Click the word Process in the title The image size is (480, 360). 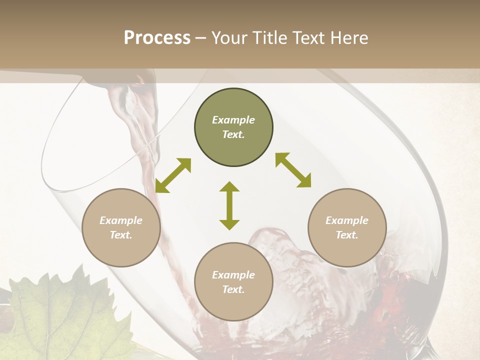(x=157, y=38)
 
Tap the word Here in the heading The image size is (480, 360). (x=347, y=38)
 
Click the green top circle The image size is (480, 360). (x=233, y=127)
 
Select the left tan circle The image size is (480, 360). (x=121, y=227)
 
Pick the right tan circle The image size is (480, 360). (x=346, y=227)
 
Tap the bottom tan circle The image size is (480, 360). (x=233, y=282)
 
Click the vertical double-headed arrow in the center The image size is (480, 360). (x=229, y=205)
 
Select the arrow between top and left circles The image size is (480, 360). (x=173, y=175)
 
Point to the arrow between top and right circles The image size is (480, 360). (x=293, y=170)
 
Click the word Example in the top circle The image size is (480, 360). (x=233, y=120)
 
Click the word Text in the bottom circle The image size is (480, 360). (x=233, y=289)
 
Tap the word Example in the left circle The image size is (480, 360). (x=121, y=220)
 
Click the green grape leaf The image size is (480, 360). (x=60, y=315)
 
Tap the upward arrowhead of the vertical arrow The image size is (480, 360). (x=229, y=188)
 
